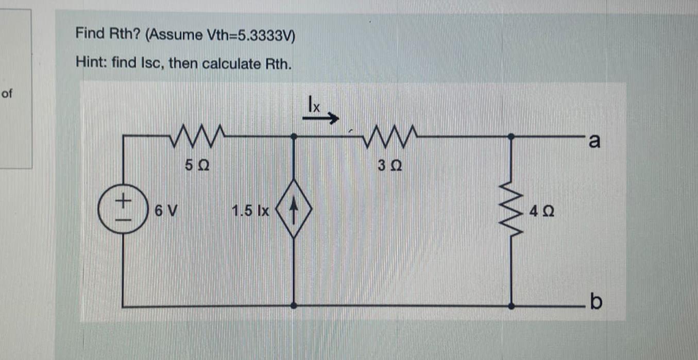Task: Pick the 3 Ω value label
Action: tap(389, 166)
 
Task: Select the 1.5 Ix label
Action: tap(251, 211)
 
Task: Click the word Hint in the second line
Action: tap(88, 63)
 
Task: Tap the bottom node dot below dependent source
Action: tap(294, 306)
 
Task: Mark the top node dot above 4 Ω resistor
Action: tap(511, 136)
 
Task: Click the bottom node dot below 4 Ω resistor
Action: tap(511, 306)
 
